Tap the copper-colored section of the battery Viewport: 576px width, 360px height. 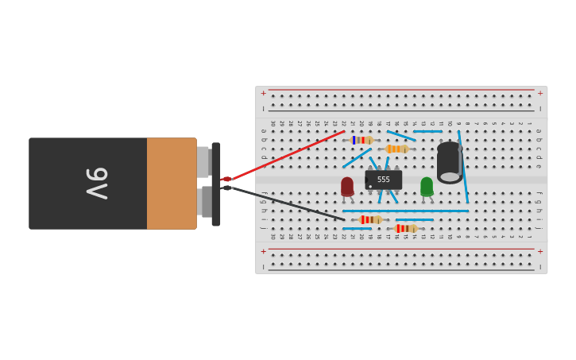point(172,184)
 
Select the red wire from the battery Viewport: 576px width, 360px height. point(286,155)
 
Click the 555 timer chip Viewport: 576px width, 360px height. point(384,180)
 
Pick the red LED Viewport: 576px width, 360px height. point(347,186)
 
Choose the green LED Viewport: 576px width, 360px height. point(427,186)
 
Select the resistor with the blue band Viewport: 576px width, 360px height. point(362,140)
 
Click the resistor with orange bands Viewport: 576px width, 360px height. point(396,149)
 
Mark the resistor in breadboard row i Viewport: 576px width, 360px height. point(370,219)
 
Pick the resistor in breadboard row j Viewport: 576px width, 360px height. point(405,228)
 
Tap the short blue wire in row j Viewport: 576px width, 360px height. point(358,229)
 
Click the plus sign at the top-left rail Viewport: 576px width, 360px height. point(264,93)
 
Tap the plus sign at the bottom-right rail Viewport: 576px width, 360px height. point(540,251)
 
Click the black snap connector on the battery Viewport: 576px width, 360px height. point(216,184)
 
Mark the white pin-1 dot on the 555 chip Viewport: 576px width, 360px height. point(370,187)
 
